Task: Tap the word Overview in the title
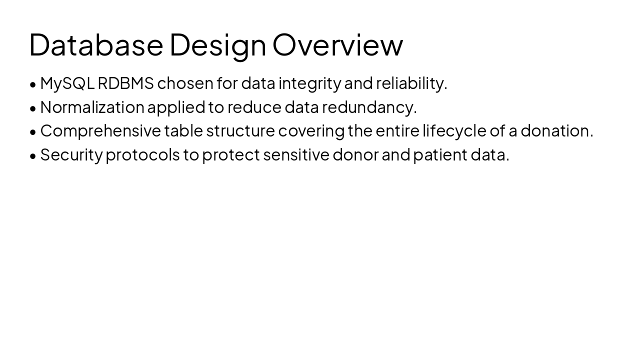tap(337, 45)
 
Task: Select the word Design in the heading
tap(217, 45)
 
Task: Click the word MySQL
tap(67, 83)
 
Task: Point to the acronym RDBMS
tap(125, 83)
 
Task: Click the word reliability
tap(411, 83)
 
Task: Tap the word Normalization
tap(92, 107)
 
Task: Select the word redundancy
tap(369, 107)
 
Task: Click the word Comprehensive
tap(100, 131)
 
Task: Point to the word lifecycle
tap(454, 131)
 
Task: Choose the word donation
tap(556, 131)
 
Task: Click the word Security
tap(71, 155)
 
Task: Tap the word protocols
tap(142, 155)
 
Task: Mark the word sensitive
tap(296, 155)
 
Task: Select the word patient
tap(440, 155)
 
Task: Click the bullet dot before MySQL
tap(33, 84)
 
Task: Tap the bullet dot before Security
tap(33, 156)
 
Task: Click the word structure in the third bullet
tap(240, 131)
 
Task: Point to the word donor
tap(355, 155)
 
